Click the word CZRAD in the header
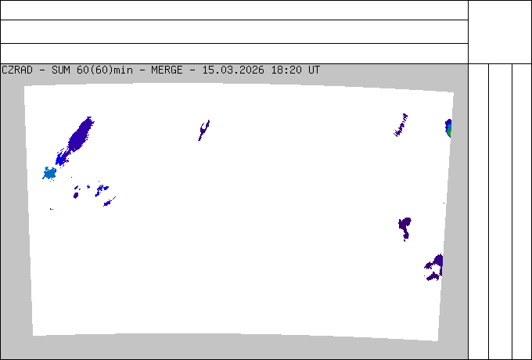(17, 70)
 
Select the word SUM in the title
(61, 70)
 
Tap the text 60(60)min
(105, 70)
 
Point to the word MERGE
(167, 70)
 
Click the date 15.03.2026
(233, 70)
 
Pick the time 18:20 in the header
(286, 70)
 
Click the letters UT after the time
(314, 70)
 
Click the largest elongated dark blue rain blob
(81, 135)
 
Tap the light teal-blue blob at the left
(49, 174)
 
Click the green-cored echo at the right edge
(448, 128)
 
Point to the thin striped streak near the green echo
(401, 125)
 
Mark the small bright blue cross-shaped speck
(88, 186)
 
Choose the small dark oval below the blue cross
(76, 195)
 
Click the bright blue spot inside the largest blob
(74, 139)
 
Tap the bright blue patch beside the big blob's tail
(61, 158)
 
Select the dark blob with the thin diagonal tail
(109, 202)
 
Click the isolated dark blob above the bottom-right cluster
(404, 228)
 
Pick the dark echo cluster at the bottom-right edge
(435, 268)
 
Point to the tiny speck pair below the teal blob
(51, 209)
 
